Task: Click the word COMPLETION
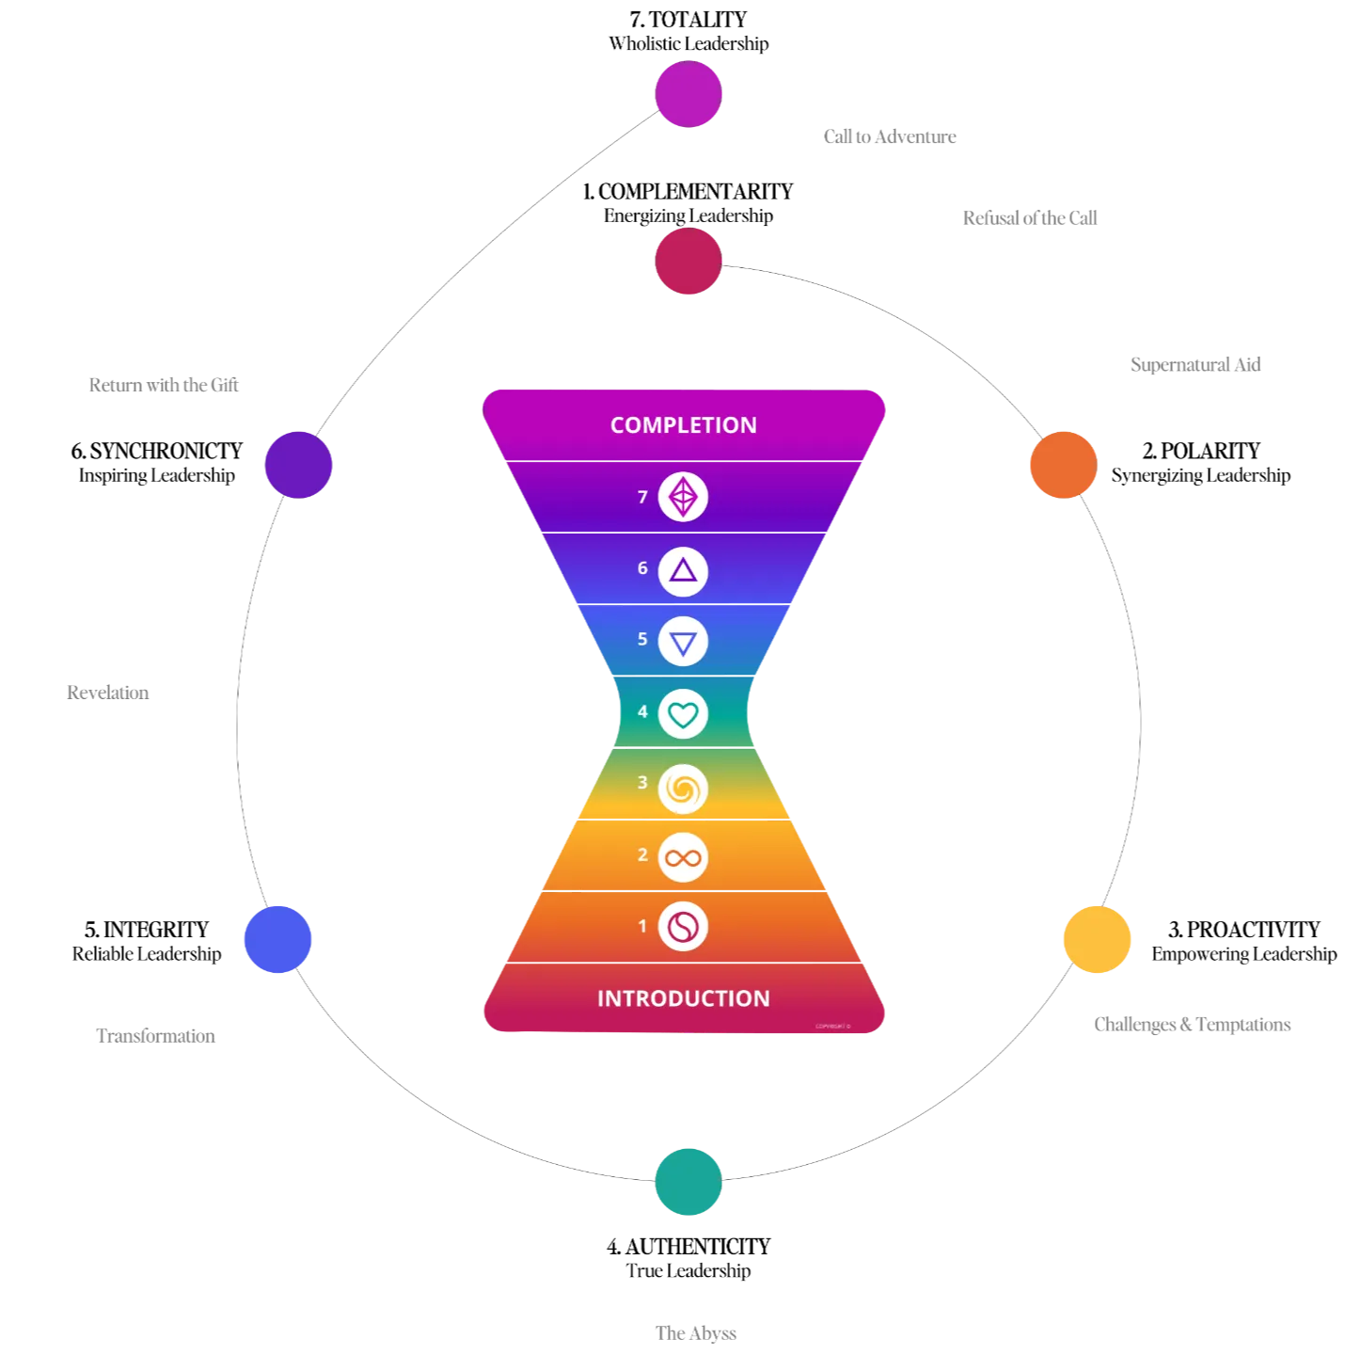tap(683, 425)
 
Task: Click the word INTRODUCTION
tap(683, 998)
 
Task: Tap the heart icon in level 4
tap(683, 714)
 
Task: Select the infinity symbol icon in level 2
tap(683, 857)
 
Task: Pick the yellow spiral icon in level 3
tap(683, 788)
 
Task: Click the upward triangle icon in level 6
tap(683, 571)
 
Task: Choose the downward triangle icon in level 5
tap(683, 643)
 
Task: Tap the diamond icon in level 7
tap(683, 497)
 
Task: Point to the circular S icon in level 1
tap(683, 927)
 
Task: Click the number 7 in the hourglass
tap(642, 497)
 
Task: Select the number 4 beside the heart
tap(642, 712)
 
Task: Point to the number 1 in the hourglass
tap(642, 927)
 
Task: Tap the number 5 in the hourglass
tap(642, 640)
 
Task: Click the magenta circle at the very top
tap(688, 94)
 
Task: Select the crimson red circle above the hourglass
tap(688, 261)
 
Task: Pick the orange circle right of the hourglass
tap(1063, 464)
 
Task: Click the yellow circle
tap(1097, 939)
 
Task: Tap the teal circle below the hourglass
tap(688, 1181)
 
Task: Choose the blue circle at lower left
tap(277, 939)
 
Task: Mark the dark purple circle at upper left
tap(299, 464)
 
